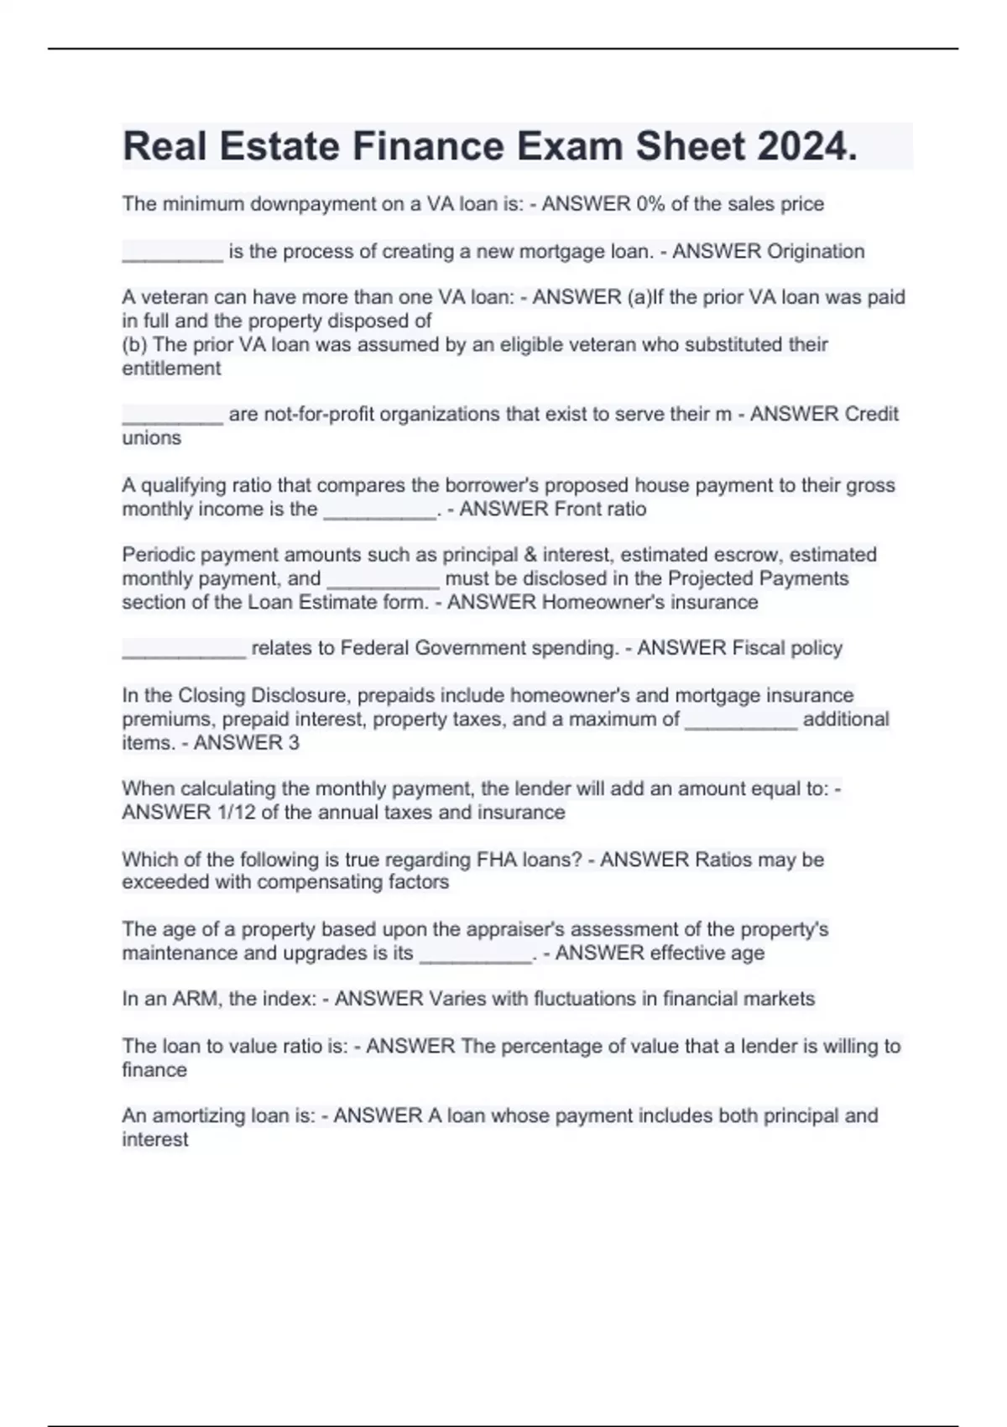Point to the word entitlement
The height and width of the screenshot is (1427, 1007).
(171, 369)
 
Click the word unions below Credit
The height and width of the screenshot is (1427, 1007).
(151, 438)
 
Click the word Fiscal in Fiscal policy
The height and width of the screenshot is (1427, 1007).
(756, 648)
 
